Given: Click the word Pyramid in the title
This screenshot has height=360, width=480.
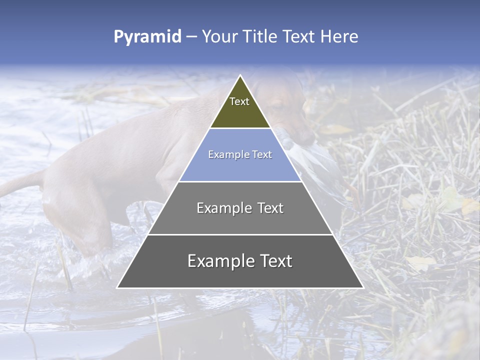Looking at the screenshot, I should [x=147, y=37].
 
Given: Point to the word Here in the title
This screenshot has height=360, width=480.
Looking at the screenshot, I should [x=339, y=36].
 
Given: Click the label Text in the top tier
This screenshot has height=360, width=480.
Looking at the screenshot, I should [x=239, y=101].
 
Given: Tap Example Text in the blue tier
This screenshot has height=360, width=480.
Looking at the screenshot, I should [x=240, y=154].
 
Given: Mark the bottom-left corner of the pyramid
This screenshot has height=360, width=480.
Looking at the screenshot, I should [x=118, y=287].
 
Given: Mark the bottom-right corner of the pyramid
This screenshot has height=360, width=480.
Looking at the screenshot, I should [x=362, y=287].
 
